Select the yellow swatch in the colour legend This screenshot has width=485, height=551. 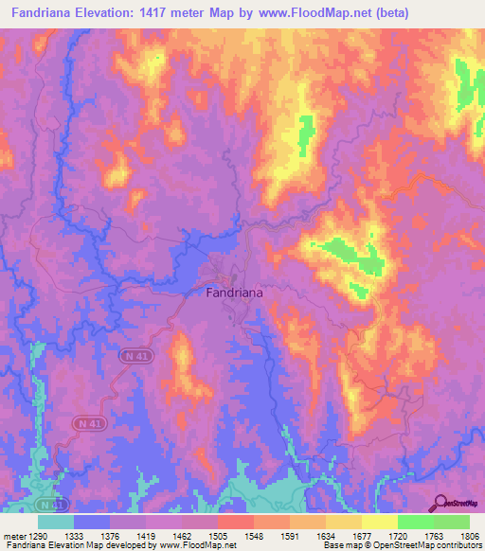[379, 522]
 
